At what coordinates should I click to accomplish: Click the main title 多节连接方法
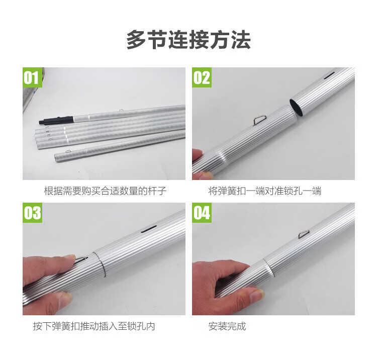(189, 40)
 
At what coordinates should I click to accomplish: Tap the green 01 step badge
(32, 77)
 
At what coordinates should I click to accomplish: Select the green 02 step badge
(202, 77)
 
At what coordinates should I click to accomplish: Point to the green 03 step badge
(32, 213)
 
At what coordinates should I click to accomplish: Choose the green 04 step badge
(202, 213)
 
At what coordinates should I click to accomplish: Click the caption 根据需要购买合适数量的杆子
(105, 191)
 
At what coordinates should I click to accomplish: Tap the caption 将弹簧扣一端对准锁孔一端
(265, 191)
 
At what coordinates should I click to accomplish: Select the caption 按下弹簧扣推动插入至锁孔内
(94, 326)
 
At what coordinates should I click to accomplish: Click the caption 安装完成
(227, 326)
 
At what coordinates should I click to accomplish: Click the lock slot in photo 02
(329, 76)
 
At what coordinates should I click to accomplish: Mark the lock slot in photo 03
(149, 229)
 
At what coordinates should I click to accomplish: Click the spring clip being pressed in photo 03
(81, 260)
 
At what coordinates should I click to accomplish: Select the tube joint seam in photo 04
(268, 267)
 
